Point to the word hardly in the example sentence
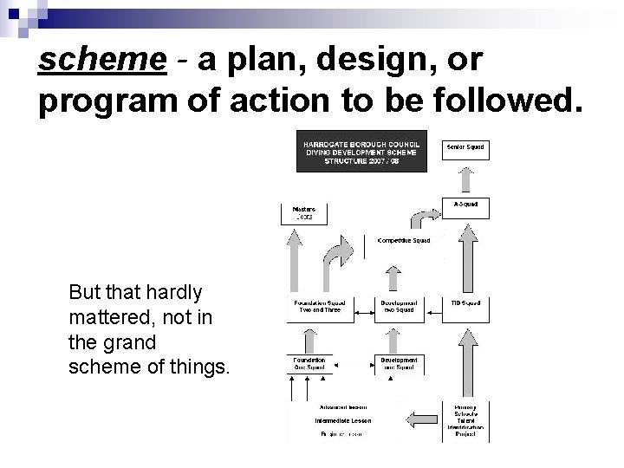click(172, 293)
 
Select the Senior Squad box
click(466, 148)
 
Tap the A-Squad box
click(466, 205)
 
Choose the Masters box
click(304, 211)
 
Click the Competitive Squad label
click(405, 240)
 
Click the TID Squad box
click(466, 303)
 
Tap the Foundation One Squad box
click(309, 363)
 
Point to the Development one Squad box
click(399, 363)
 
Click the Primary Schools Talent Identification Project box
click(466, 420)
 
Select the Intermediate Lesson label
click(342, 420)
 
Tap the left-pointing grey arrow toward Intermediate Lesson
click(423, 419)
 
